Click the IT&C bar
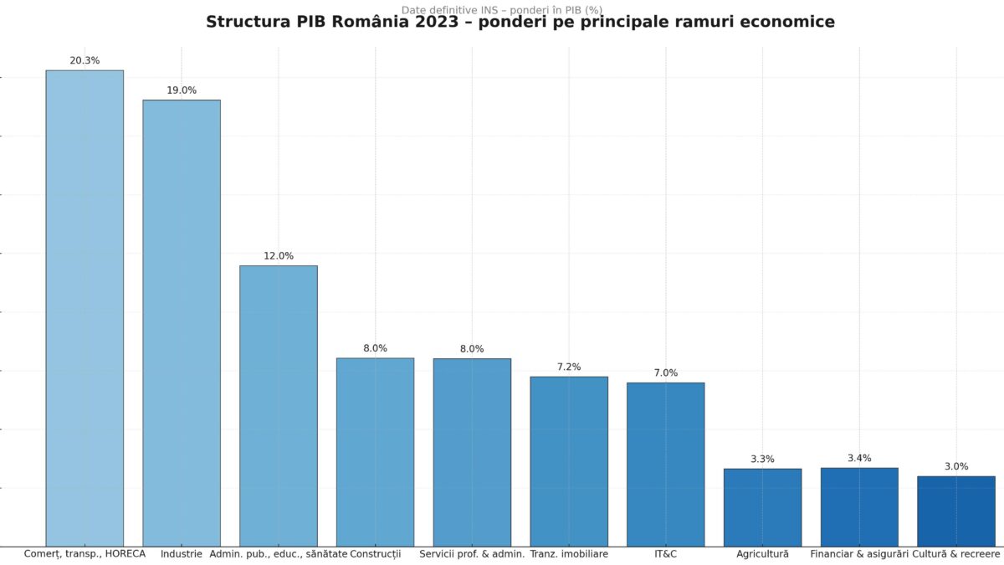(x=665, y=465)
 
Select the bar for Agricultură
(x=762, y=507)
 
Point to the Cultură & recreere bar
(x=956, y=511)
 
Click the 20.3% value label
(x=85, y=61)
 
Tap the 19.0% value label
(x=182, y=90)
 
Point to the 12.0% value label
(x=279, y=256)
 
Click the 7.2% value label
(x=569, y=367)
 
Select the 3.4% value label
(x=859, y=459)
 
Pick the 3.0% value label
(x=956, y=467)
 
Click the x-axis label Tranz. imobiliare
(x=569, y=554)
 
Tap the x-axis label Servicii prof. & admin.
(x=472, y=554)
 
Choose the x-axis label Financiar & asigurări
(x=859, y=554)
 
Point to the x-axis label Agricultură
(x=762, y=554)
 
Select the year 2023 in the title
(x=435, y=23)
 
